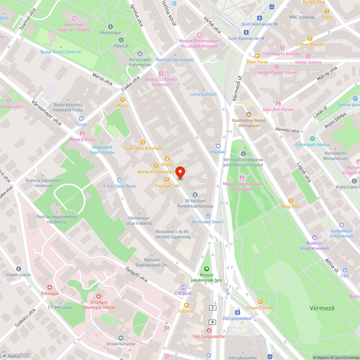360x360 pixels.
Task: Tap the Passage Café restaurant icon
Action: [x=167, y=180]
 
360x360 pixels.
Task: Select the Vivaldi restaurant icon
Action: [x=167, y=158]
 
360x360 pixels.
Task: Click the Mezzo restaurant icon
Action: [x=123, y=99]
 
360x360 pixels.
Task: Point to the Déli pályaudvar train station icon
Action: [x=238, y=312]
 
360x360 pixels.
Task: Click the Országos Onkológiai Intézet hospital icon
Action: [x=98, y=296]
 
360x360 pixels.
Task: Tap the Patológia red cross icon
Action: [x=49, y=287]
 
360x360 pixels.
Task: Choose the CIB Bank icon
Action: [x=183, y=287]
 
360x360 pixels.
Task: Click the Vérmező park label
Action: [x=322, y=308]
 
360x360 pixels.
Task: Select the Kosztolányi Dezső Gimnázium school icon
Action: [x=248, y=114]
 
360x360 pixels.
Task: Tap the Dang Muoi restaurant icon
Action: [x=291, y=200]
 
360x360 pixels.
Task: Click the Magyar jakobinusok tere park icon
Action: [x=206, y=269]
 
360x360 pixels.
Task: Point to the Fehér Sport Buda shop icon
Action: [x=120, y=180]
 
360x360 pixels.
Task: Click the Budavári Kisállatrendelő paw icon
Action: [x=315, y=237]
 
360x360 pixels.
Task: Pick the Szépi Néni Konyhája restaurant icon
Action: [x=143, y=142]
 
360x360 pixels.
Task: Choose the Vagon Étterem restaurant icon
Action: [x=261, y=302]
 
